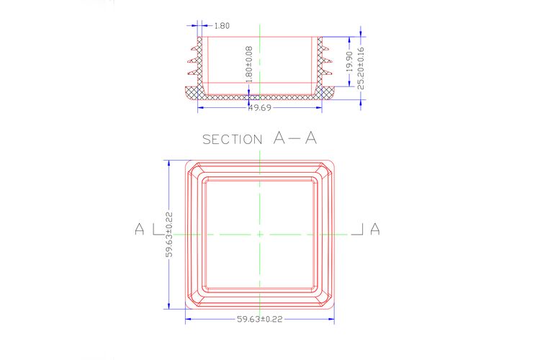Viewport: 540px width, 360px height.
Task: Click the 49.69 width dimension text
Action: [260, 108]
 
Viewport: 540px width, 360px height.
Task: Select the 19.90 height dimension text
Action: [349, 62]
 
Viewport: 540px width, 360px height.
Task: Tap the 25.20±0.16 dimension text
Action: [361, 68]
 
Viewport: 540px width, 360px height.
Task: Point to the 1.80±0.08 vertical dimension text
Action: [249, 64]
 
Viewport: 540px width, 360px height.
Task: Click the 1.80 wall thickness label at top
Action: [222, 26]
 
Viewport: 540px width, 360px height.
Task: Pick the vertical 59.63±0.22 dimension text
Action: [169, 235]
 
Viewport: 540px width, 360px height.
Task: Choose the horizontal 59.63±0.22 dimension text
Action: [260, 320]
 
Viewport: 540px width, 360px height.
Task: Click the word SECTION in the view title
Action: [232, 140]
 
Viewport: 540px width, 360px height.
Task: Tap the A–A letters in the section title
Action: [294, 138]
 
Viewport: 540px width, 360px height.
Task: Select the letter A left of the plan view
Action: [140, 229]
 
